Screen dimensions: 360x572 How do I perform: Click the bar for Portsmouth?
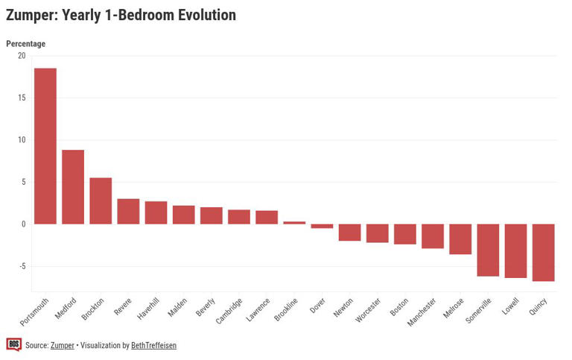[x=45, y=146]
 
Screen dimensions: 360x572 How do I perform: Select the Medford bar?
[x=73, y=187]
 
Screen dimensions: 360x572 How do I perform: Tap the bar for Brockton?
[x=101, y=200]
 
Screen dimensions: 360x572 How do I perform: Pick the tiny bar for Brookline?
[x=294, y=222]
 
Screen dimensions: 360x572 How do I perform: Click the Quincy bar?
[x=543, y=252]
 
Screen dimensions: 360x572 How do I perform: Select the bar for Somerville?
[x=488, y=250]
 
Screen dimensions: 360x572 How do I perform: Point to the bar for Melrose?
[x=460, y=239]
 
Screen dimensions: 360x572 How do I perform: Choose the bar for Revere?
[x=128, y=212]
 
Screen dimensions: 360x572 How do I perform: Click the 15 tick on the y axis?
[x=21, y=98]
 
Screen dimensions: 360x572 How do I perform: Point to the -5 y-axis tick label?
[x=21, y=266]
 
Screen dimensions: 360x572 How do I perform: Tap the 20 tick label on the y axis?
[x=21, y=56]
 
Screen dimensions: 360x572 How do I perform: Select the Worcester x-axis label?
[x=368, y=311]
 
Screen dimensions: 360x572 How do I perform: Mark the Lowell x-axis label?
[x=510, y=308]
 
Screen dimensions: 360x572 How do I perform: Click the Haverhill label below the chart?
[x=147, y=310]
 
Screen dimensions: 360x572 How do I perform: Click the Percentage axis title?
[x=25, y=44]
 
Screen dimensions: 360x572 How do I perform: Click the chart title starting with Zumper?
[x=121, y=15]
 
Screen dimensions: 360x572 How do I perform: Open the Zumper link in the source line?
[x=63, y=346]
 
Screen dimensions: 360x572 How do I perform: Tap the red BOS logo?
[x=13, y=344]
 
